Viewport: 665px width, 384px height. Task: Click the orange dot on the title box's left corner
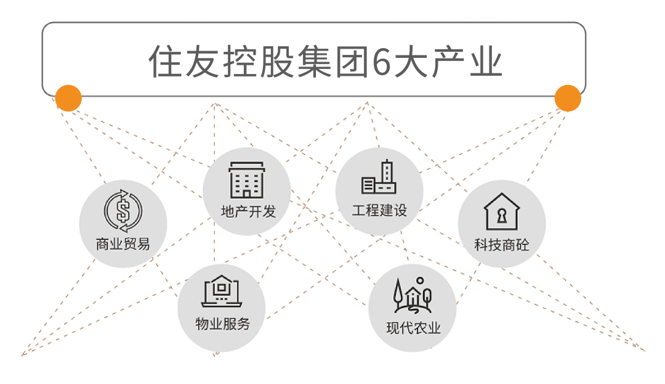[x=68, y=98]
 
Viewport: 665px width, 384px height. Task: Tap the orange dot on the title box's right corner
[x=568, y=98]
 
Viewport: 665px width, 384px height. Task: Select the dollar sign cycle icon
[x=123, y=211]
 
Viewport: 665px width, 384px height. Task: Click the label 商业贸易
[x=123, y=244]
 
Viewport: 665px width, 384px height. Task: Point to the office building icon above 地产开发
[x=247, y=180]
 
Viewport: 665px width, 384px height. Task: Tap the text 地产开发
[x=248, y=211]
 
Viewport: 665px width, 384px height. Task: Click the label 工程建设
[x=379, y=210]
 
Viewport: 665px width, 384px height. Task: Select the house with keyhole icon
[x=502, y=211]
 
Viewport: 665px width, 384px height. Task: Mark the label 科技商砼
[x=502, y=245]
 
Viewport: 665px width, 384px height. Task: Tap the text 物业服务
[x=223, y=324]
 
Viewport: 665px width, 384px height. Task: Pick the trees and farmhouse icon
[x=413, y=295]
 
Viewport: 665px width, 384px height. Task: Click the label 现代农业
[x=414, y=328]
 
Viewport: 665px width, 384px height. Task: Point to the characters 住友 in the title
[x=183, y=62]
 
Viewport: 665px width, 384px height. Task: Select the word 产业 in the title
[x=467, y=62]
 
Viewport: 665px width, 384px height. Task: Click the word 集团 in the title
[x=332, y=62]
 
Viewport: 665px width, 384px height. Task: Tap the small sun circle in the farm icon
[x=420, y=280]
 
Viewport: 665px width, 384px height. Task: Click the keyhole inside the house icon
[x=502, y=215]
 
